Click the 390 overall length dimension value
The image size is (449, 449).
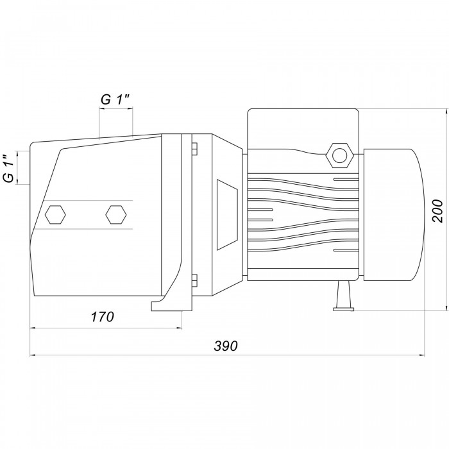(x=226, y=346)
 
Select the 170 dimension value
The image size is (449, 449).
(x=102, y=317)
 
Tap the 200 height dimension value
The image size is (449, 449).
(x=438, y=211)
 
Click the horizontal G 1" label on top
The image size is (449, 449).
(x=115, y=99)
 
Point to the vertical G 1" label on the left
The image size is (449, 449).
(x=9, y=168)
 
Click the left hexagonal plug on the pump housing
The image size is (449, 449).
(x=55, y=214)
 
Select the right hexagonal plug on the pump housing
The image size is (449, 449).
(x=115, y=214)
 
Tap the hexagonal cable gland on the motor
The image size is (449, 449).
(x=340, y=155)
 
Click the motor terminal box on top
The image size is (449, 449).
(x=303, y=129)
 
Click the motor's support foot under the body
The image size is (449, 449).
(x=343, y=296)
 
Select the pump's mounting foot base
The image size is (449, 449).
(x=171, y=305)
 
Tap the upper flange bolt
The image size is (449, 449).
(x=194, y=149)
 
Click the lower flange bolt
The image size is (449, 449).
(x=194, y=280)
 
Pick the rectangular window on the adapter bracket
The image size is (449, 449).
(x=227, y=215)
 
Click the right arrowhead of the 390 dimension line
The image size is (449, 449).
(x=422, y=355)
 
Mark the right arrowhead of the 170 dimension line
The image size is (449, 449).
(x=179, y=328)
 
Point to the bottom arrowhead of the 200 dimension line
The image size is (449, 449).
(x=446, y=308)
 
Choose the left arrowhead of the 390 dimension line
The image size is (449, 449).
(x=33, y=355)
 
